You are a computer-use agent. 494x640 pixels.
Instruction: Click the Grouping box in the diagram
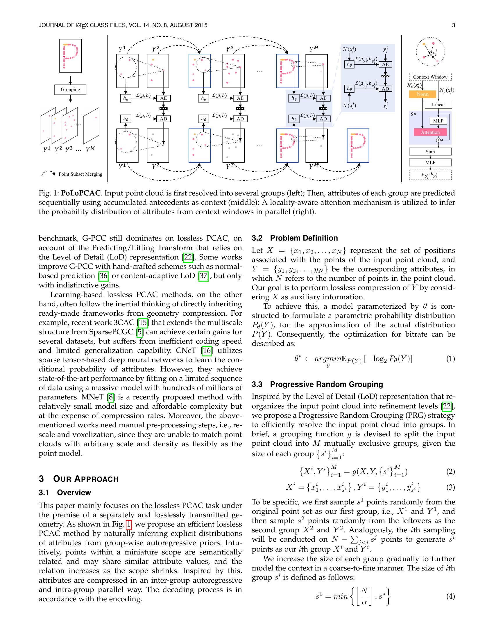point(70,90)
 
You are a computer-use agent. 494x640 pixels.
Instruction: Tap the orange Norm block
point(422,94)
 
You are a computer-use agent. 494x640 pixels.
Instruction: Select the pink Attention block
point(430,132)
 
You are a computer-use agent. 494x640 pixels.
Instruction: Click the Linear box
point(438,105)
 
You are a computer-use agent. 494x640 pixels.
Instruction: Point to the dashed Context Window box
point(430,77)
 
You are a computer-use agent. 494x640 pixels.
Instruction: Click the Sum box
point(430,152)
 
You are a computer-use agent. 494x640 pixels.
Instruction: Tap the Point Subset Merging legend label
point(80,174)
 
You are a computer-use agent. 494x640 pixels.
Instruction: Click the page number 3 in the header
point(453,25)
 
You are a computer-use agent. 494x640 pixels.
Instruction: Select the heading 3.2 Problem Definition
point(295,238)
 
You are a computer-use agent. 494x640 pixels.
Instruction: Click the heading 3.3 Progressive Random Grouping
point(317,384)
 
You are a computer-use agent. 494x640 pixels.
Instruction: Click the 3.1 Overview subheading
point(65,493)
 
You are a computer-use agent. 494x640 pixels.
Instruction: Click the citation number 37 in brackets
point(203,276)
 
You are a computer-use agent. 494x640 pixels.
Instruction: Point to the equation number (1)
point(450,359)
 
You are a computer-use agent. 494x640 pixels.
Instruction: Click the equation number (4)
point(450,596)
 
